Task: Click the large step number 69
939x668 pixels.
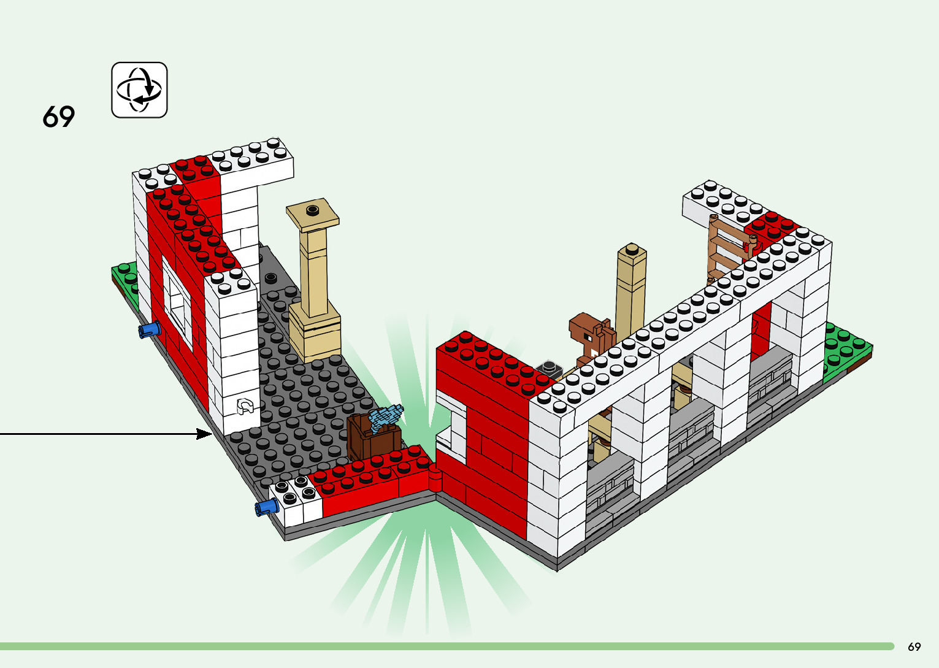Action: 59,117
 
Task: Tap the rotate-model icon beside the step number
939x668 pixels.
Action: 139,90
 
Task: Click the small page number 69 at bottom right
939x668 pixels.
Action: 914,647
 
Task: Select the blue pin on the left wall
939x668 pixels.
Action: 149,331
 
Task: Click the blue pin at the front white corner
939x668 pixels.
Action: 266,507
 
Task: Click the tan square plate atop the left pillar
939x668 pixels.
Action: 313,214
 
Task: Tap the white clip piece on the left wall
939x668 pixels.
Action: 245,405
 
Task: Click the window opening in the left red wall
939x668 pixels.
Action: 177,303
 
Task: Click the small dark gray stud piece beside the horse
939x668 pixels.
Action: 549,368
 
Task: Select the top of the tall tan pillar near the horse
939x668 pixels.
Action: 632,251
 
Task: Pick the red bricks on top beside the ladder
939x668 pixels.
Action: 772,225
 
